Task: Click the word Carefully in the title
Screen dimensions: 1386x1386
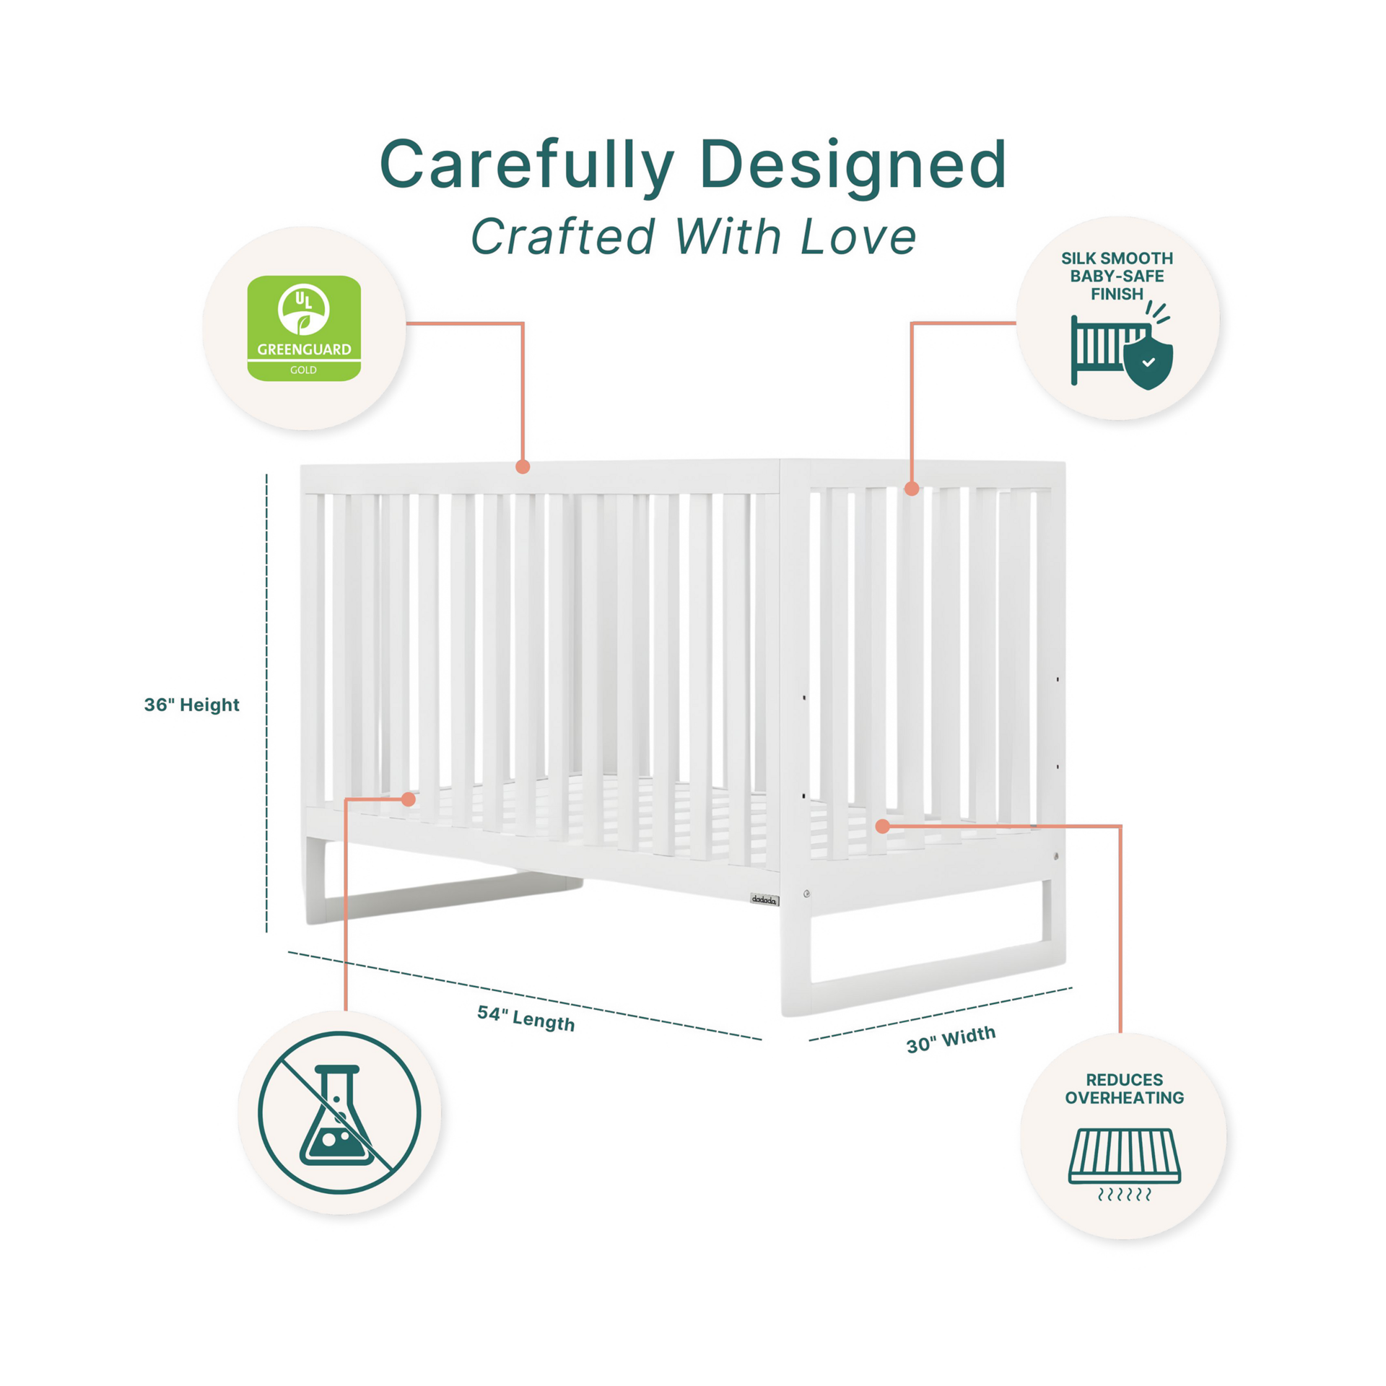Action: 526,165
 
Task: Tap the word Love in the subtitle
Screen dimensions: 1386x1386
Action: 858,237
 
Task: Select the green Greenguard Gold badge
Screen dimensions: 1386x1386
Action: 304,328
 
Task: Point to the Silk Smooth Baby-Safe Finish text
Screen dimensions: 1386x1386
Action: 1117,276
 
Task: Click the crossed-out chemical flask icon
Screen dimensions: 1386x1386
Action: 339,1112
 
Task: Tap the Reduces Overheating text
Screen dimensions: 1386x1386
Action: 1124,1089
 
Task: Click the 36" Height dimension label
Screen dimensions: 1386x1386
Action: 191,705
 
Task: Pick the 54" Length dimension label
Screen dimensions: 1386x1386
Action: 526,1018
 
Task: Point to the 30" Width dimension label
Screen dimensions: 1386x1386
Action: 951,1039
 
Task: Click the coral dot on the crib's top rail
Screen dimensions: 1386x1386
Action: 523,467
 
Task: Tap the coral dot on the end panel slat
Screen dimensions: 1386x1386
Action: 912,489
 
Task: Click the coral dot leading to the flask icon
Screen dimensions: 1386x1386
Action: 409,799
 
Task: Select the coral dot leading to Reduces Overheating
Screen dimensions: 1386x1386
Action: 882,826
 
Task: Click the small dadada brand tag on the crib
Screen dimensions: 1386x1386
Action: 764,899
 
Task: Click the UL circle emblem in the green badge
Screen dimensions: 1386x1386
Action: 304,309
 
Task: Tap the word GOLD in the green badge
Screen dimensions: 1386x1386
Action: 303,370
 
